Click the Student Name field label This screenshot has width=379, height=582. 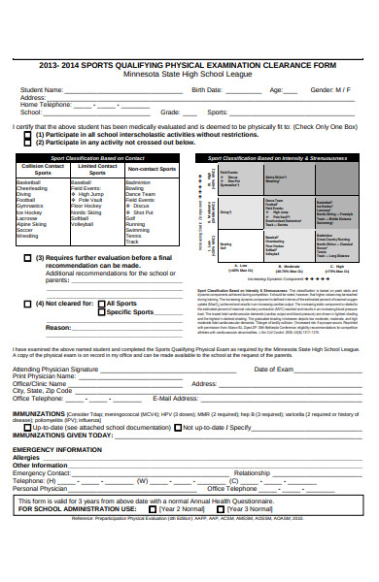(44, 89)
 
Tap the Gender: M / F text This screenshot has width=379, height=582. (330, 89)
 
